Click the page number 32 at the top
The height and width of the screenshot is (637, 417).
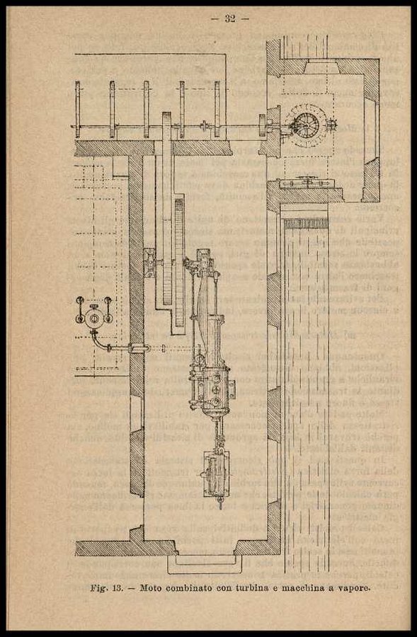coord(230,18)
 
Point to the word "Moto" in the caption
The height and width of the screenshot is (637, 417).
coord(150,588)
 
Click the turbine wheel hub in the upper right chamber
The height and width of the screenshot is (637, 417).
coord(306,124)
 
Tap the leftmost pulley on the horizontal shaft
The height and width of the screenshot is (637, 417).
coord(78,109)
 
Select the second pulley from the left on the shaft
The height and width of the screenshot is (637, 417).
coord(112,109)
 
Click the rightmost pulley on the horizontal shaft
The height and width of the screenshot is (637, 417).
coord(217,109)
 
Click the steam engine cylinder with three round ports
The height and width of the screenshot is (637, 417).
coord(212,389)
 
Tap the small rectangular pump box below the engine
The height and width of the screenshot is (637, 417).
coord(216,474)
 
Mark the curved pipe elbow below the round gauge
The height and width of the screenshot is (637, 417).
coord(99,342)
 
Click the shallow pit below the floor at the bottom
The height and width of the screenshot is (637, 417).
coord(202,564)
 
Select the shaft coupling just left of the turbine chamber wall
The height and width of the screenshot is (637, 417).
coord(262,125)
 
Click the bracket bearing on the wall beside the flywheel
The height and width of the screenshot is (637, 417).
coord(149,263)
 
